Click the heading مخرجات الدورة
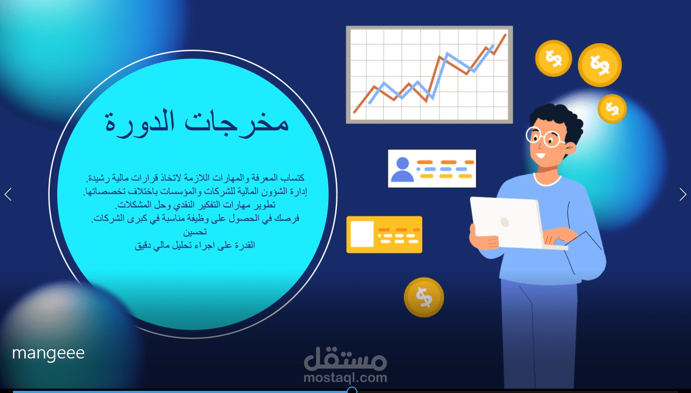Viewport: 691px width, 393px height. [x=197, y=122]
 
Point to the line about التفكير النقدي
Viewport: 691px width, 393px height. [x=195, y=205]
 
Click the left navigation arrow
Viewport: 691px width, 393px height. [x=8, y=194]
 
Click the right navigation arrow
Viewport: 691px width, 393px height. [x=683, y=194]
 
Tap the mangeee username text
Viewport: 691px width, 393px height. [x=48, y=353]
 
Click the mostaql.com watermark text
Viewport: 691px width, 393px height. [x=345, y=377]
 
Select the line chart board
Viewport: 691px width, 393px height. [x=429, y=74]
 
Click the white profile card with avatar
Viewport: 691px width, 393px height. [x=432, y=168]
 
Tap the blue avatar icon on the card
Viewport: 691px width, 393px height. [x=402, y=169]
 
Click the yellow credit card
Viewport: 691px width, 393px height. [x=384, y=234]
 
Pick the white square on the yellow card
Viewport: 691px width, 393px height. [x=362, y=234]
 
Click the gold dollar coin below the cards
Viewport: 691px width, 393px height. [x=424, y=297]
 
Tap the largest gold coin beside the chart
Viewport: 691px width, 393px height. [x=599, y=65]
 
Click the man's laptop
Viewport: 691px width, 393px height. [x=507, y=222]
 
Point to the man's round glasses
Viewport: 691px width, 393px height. [x=544, y=137]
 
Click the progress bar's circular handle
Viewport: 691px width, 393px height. [x=352, y=390]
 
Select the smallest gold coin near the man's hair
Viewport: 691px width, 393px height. [x=612, y=109]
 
